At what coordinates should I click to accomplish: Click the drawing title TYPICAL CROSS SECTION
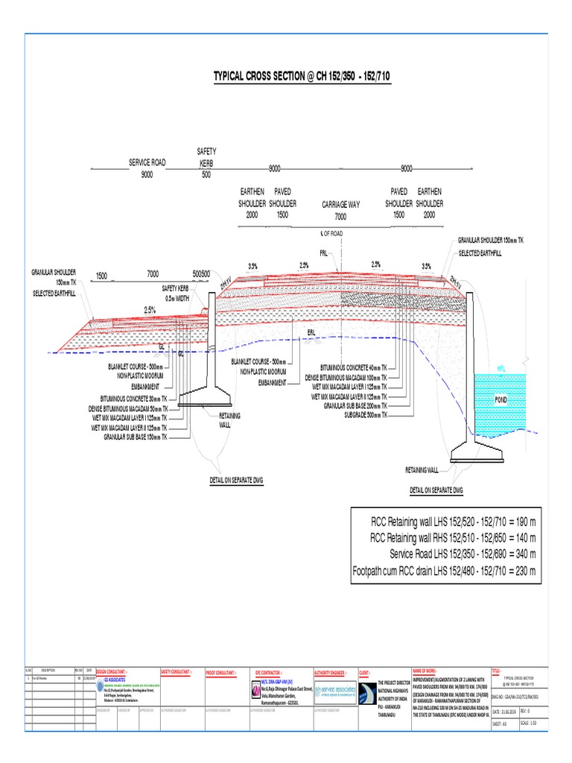[x=302, y=77]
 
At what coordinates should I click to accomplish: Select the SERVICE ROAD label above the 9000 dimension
[x=147, y=162]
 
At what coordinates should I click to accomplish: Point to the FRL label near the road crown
[x=323, y=253]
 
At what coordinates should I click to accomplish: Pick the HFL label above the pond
[x=502, y=368]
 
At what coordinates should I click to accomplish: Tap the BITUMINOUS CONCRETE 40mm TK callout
[x=353, y=368]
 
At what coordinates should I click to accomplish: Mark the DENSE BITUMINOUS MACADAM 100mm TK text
[x=347, y=378]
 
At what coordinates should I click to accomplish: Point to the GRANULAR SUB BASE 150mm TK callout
[x=137, y=437]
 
